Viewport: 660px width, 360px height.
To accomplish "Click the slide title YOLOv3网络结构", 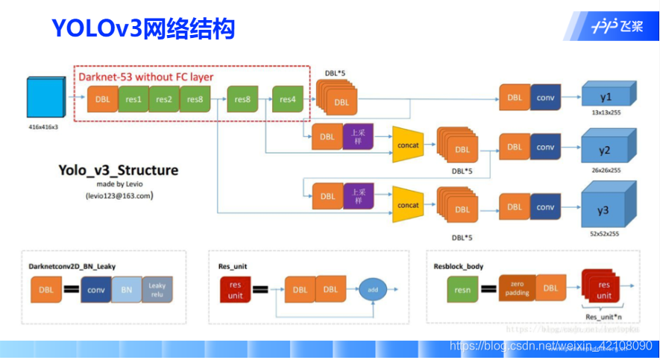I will click(143, 28).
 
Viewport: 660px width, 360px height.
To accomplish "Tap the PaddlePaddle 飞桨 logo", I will click(616, 27).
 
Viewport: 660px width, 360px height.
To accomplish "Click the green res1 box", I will click(133, 99).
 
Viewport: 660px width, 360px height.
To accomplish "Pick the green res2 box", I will click(164, 99).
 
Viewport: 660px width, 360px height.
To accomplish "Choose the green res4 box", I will click(287, 99).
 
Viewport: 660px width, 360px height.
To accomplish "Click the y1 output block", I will click(606, 98).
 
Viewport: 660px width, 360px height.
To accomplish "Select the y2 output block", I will click(606, 149).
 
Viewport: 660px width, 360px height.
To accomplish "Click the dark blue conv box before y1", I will click(546, 98).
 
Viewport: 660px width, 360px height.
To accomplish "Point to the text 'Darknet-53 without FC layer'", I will click(146, 77).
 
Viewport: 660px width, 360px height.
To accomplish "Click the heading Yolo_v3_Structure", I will click(118, 170).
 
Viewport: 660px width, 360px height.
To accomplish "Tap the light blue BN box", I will click(126, 289).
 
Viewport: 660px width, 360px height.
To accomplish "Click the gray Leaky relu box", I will click(157, 289).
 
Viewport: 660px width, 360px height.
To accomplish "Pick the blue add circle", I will click(372, 288).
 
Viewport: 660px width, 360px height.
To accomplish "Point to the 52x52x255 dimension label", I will click(605, 233).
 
